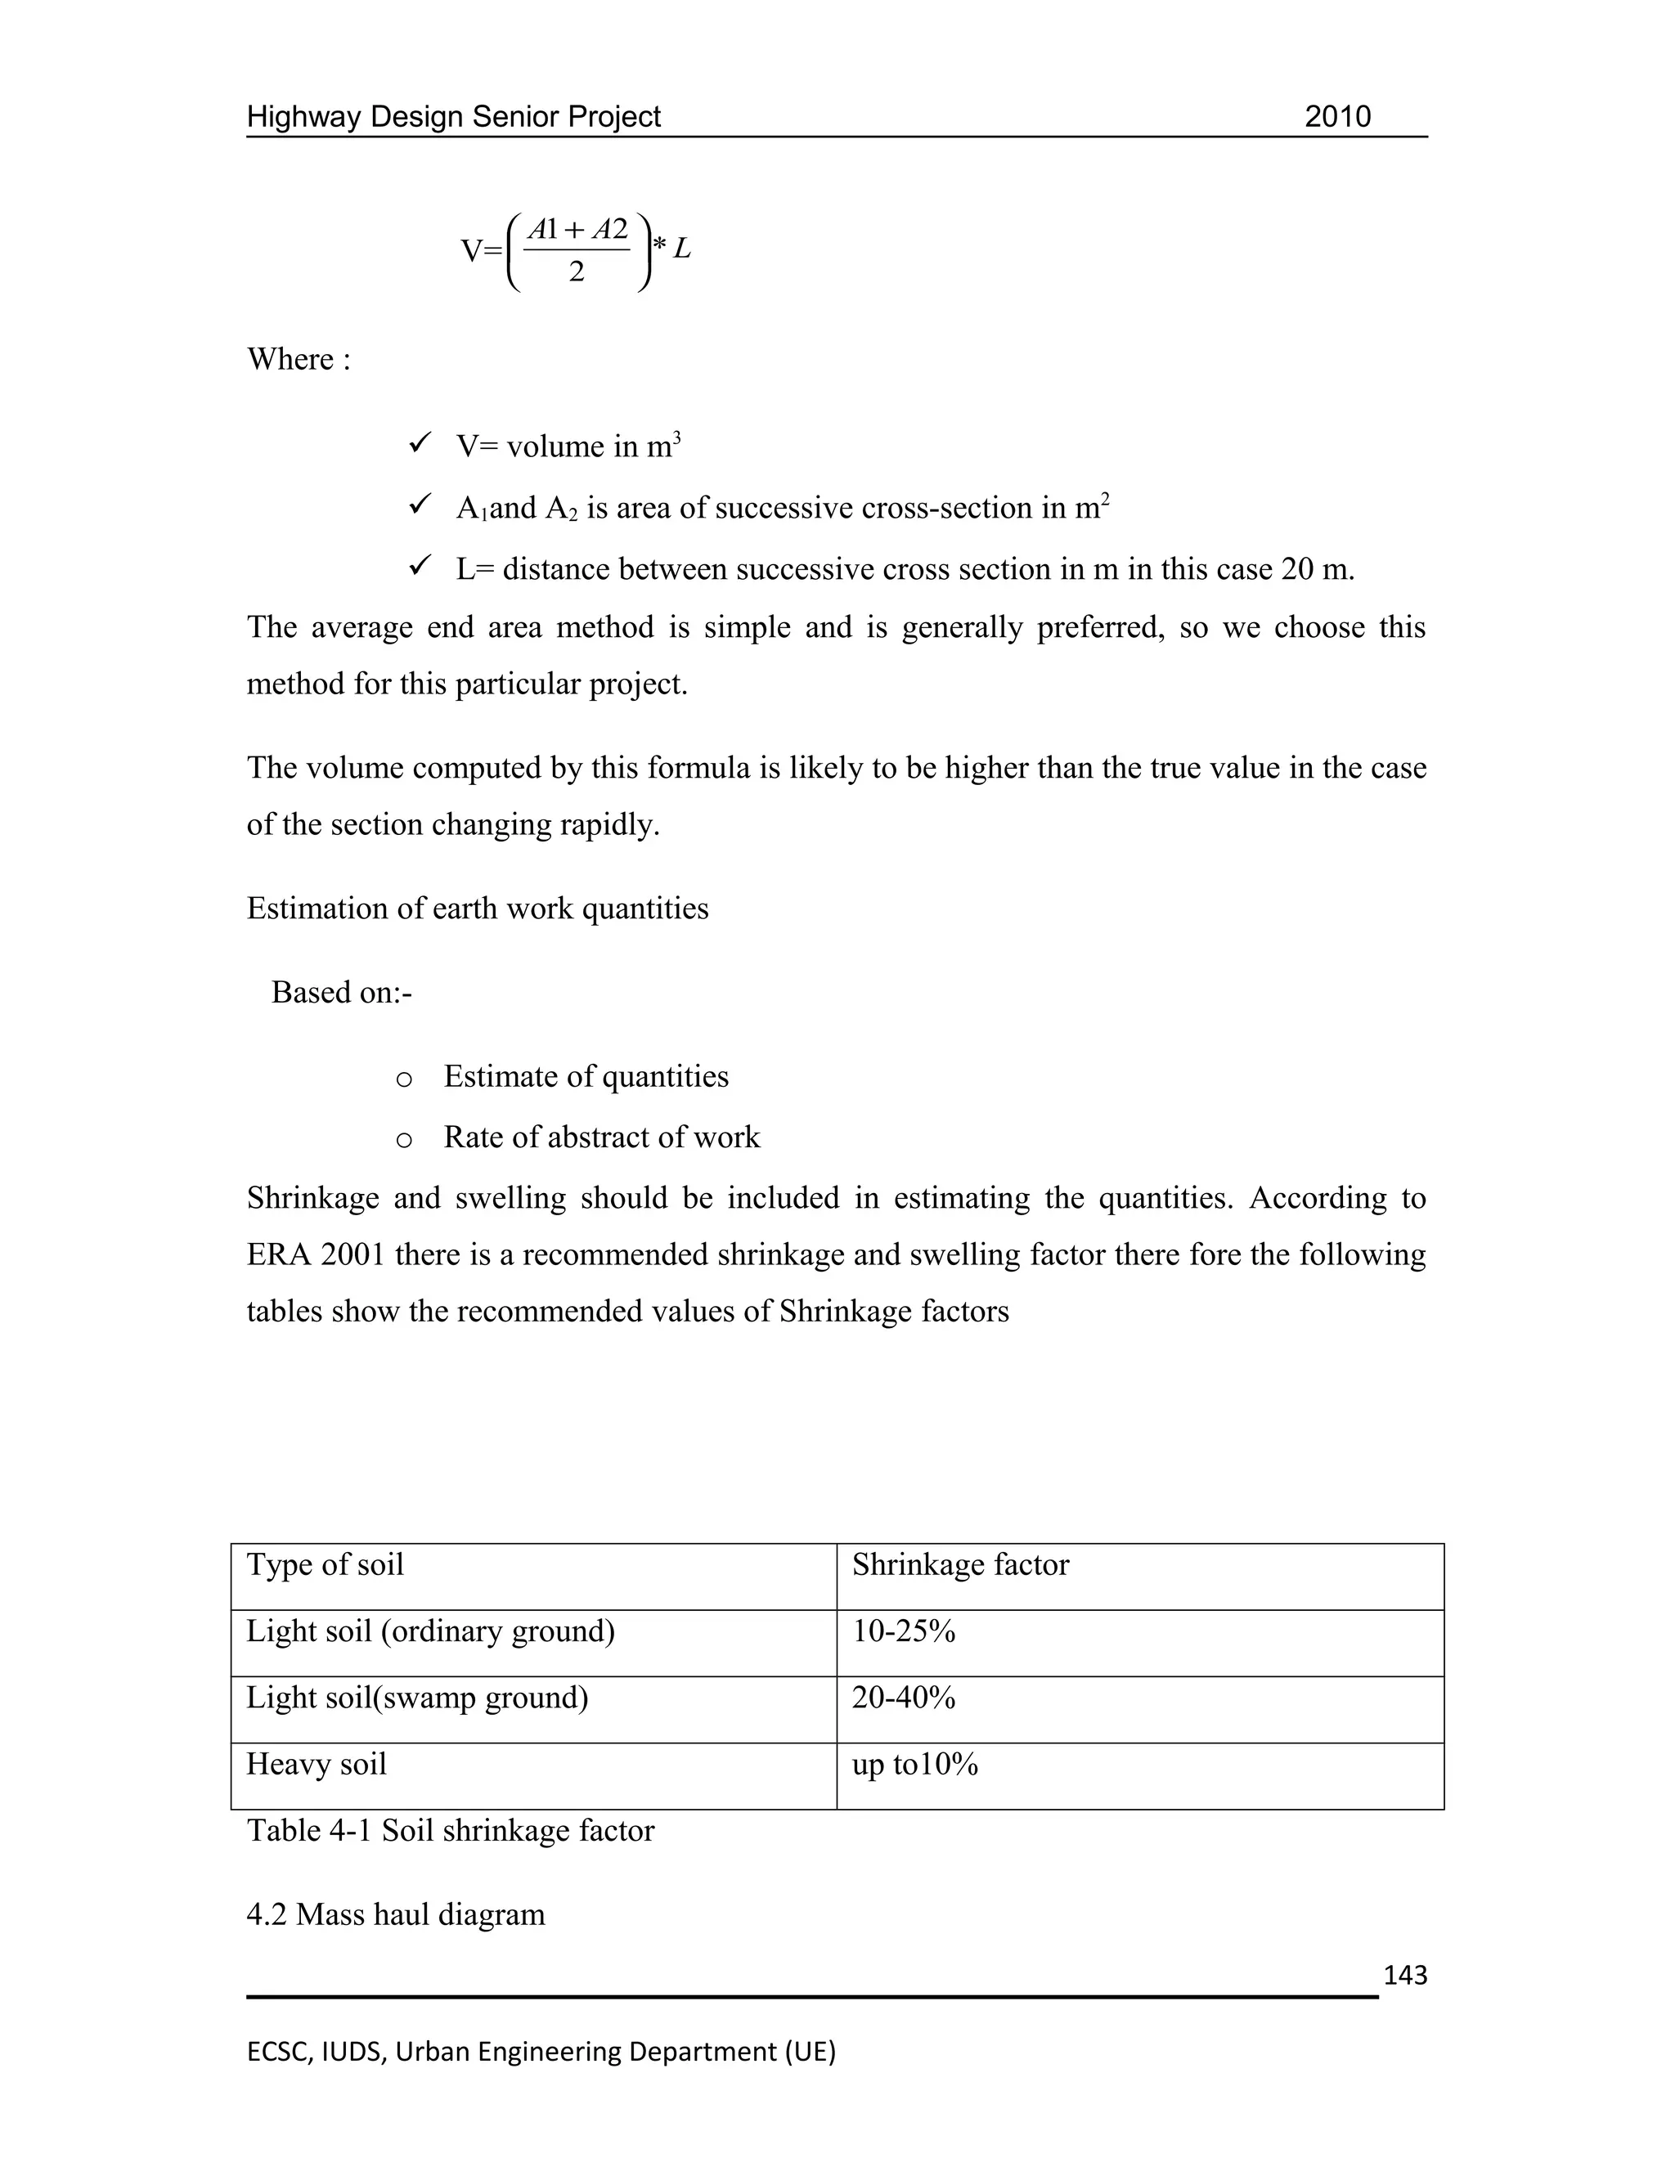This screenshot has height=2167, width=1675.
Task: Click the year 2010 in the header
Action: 1336,117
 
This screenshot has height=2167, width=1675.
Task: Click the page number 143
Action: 1404,1976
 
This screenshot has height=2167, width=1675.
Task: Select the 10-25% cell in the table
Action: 903,1631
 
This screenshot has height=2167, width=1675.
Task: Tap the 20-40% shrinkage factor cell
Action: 903,1698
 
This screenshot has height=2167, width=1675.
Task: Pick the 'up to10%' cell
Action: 914,1764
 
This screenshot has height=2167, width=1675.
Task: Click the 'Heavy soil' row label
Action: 316,1764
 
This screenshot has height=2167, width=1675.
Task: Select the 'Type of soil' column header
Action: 325,1564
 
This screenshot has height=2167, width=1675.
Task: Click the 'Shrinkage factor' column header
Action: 959,1564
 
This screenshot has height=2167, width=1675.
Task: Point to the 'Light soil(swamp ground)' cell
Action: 417,1698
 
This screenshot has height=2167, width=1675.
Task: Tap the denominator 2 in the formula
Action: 577,271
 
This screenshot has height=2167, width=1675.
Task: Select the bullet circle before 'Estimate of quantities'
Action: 404,1079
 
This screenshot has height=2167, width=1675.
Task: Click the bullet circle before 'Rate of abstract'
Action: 404,1140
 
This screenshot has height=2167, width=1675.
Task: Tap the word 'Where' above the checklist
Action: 290,359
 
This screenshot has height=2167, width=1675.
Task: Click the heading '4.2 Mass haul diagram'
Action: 395,1914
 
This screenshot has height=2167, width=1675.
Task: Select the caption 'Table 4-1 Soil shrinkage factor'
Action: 450,1831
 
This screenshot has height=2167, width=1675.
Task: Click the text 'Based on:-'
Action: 341,992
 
